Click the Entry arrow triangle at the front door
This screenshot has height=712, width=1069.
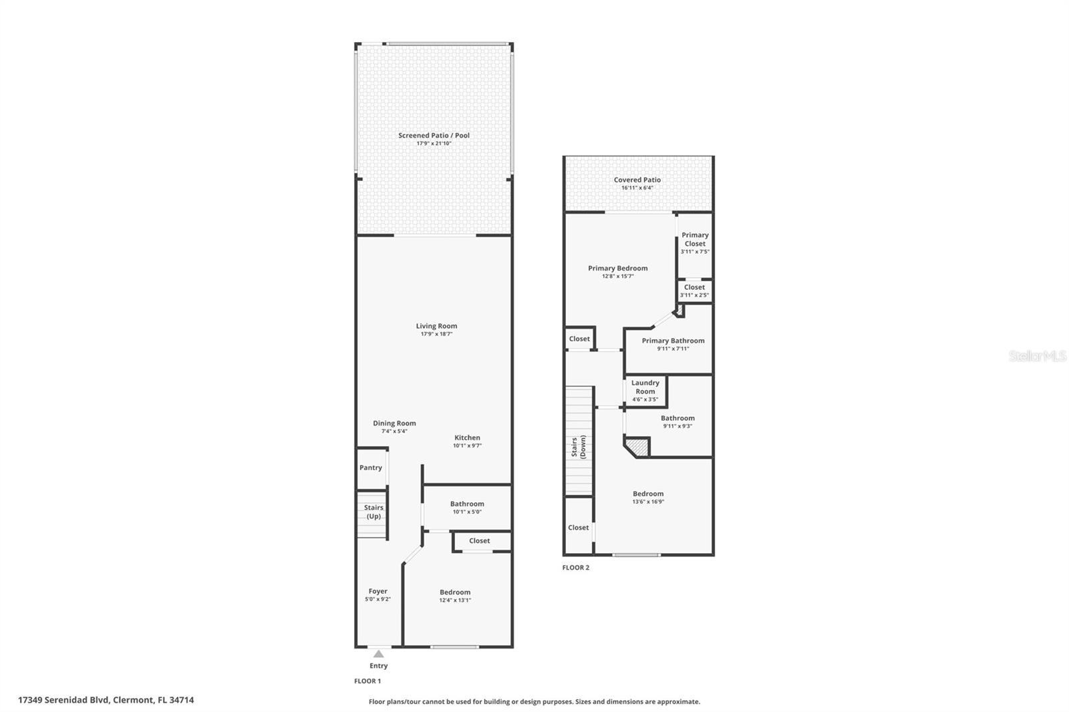[378, 654]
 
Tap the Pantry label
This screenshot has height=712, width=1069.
[371, 468]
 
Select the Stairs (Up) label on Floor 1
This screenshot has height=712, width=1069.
[373, 512]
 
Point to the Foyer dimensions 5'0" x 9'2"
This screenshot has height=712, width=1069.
[378, 599]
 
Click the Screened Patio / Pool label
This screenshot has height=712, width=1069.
[434, 136]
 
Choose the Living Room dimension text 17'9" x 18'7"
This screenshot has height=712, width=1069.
[437, 334]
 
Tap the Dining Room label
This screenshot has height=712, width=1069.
[394, 423]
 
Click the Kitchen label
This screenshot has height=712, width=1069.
[467, 437]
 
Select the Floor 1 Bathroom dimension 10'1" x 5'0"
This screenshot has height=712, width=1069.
[467, 512]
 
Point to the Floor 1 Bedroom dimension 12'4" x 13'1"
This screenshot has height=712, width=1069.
[455, 600]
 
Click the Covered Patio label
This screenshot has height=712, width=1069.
[637, 180]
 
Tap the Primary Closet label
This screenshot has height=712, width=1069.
[695, 239]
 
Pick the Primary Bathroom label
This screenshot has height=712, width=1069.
[673, 341]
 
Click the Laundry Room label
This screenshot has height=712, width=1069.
[645, 387]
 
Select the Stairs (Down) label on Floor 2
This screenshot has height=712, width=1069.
[579, 447]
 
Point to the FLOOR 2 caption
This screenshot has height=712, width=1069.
[575, 568]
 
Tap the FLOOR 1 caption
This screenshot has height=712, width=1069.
[367, 681]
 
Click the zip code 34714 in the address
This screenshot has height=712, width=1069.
[182, 700]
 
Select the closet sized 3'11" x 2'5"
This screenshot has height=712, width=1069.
[694, 291]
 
